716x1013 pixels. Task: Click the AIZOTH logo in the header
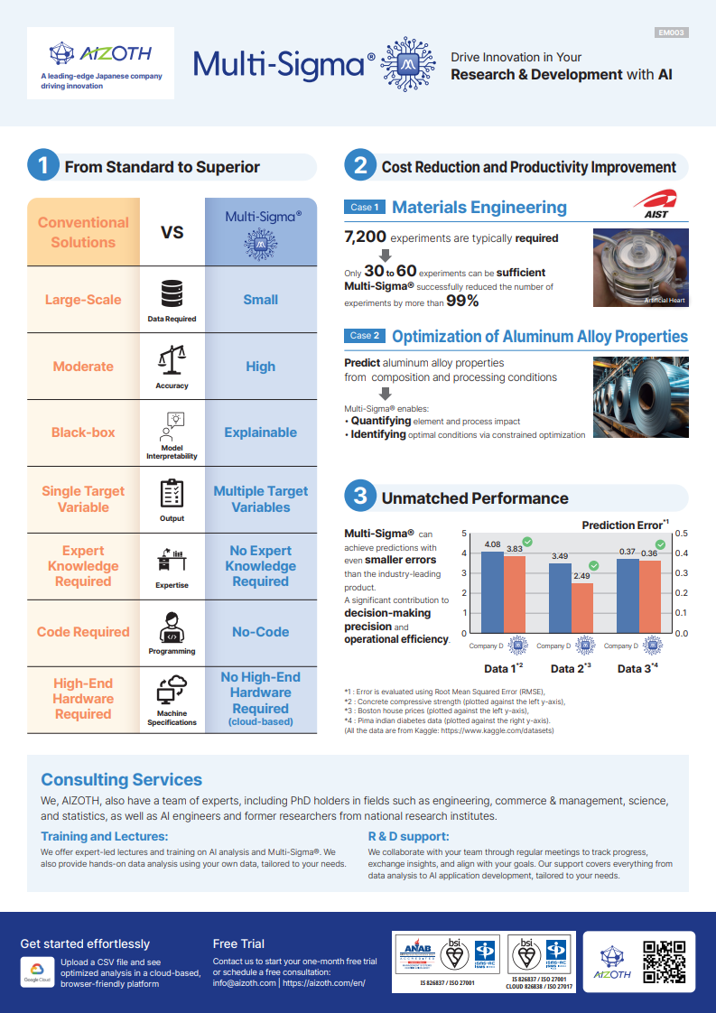(100, 54)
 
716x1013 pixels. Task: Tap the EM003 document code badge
(671, 33)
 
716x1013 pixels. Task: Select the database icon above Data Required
(172, 294)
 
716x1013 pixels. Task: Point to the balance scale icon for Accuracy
(172, 360)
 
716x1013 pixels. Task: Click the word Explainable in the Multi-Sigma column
(260, 432)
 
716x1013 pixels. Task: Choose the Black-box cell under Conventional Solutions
(83, 432)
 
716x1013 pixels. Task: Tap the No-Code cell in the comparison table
(260, 632)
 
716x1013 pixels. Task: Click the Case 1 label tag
(365, 208)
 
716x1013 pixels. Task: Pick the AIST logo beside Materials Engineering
(656, 204)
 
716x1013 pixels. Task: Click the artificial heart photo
(640, 266)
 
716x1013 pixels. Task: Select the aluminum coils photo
(640, 396)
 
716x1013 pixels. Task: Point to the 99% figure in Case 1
(462, 301)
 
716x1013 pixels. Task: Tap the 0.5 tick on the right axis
(681, 534)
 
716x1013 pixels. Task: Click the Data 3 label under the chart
(637, 669)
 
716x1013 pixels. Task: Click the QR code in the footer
(664, 962)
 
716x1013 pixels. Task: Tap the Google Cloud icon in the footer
(36, 971)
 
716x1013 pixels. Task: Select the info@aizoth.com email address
(244, 983)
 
